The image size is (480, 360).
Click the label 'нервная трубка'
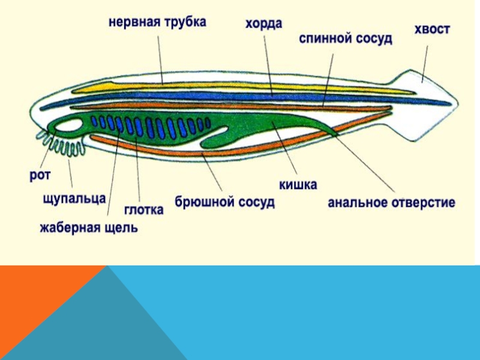pyautogui.click(x=157, y=22)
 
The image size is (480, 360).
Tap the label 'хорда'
pyautogui.click(x=263, y=25)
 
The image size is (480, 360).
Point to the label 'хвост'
pyautogui.click(x=431, y=29)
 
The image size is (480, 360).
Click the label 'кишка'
pyautogui.click(x=297, y=184)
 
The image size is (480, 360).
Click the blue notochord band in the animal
pyautogui.click(x=240, y=96)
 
